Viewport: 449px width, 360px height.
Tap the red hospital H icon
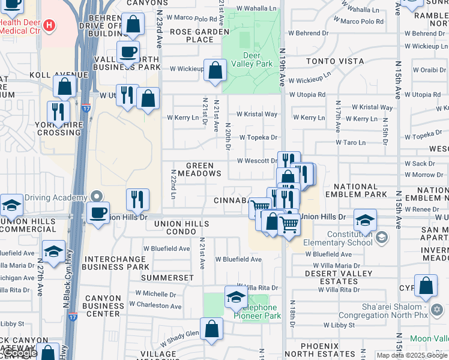point(50,26)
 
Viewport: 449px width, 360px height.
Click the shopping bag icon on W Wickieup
point(215,71)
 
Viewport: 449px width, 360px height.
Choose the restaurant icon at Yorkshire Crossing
point(58,112)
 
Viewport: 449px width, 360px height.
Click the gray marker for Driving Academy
point(96,197)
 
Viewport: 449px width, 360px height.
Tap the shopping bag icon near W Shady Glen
point(211,329)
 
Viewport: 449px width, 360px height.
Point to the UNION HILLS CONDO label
point(173,228)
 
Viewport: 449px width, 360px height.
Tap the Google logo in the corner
point(20,353)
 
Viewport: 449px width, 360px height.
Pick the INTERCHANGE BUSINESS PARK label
point(116,263)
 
